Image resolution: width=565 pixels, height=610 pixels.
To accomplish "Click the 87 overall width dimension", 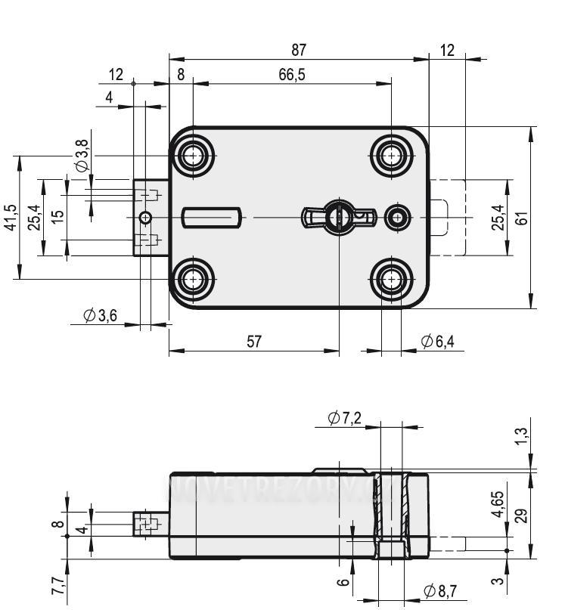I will click(299, 50).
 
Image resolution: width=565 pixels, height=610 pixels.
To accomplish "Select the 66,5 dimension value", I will click(291, 74).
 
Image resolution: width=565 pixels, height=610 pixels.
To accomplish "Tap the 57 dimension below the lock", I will click(254, 342).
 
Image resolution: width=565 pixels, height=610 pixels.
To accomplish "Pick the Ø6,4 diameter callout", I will click(438, 342).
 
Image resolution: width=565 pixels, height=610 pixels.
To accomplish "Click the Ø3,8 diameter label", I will click(82, 154).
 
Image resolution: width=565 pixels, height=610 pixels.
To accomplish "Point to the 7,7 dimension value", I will click(57, 587).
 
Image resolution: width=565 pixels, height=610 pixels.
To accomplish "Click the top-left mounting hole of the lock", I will click(194, 156).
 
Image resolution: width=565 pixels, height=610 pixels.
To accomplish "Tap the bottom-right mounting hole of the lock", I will click(391, 280).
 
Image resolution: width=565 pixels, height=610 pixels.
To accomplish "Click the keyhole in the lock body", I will click(338, 217).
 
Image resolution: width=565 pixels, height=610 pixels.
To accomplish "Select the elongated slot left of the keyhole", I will click(211, 218).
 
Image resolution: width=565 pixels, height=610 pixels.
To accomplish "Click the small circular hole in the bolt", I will click(145, 218).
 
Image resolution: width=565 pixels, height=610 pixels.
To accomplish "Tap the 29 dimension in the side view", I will click(521, 516).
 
